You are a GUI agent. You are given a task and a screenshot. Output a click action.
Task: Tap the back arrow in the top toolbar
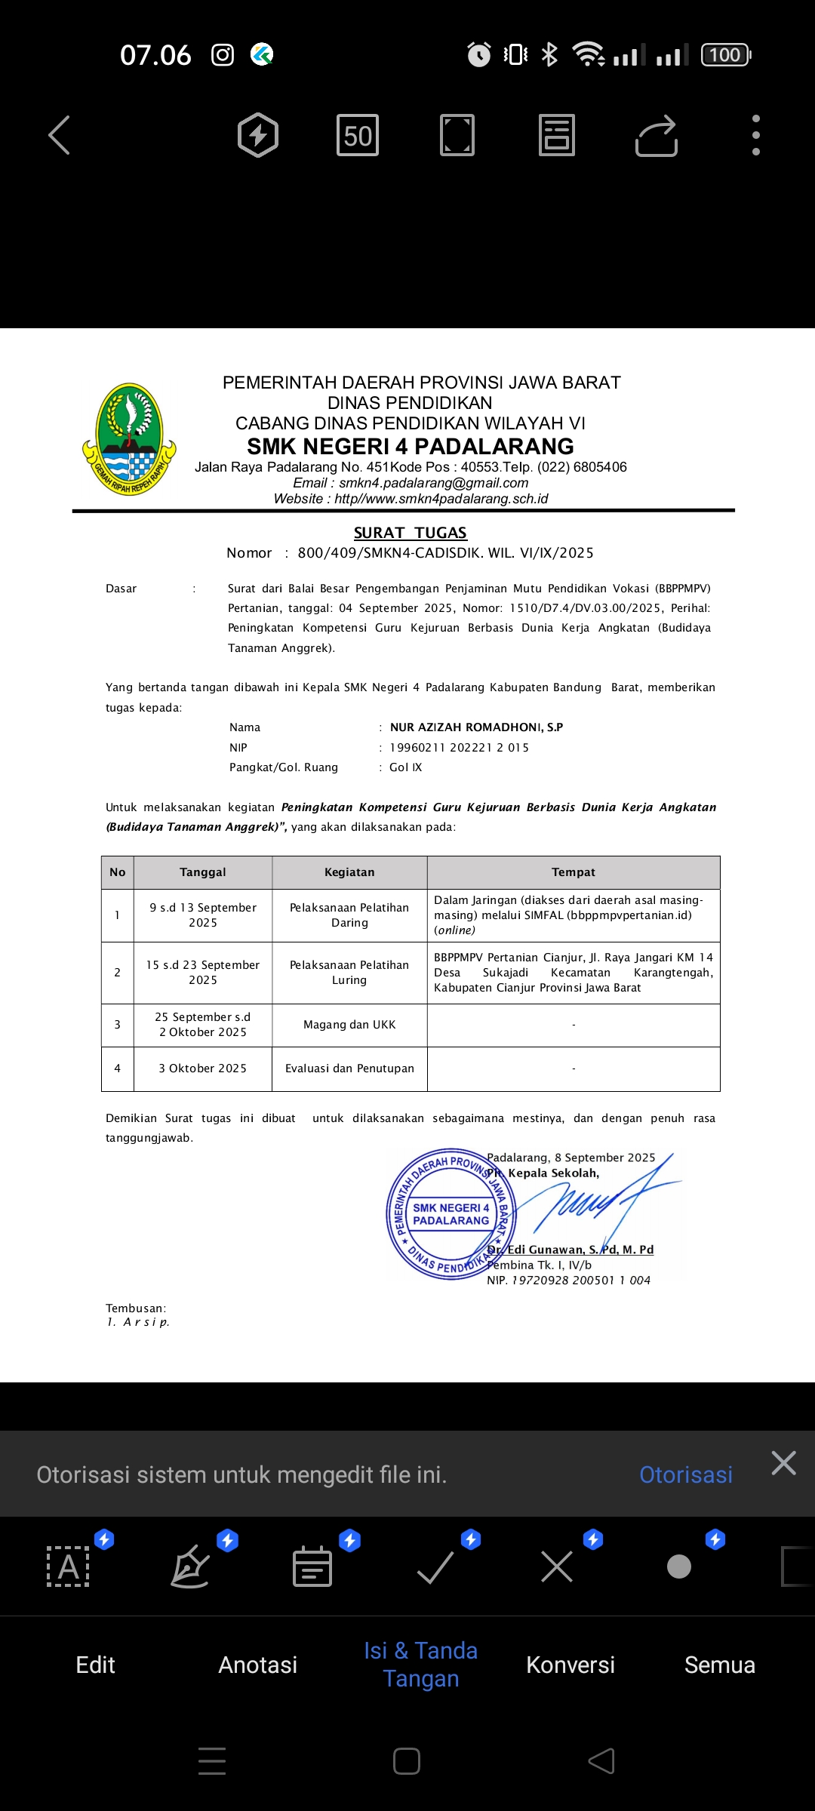[60, 136]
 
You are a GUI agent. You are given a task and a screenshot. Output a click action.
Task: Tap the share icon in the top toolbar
[656, 136]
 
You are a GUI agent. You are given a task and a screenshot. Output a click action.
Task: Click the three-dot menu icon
[756, 136]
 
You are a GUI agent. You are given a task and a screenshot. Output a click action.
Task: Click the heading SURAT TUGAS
[411, 533]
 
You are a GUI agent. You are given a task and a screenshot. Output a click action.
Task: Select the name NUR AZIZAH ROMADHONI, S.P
[476, 727]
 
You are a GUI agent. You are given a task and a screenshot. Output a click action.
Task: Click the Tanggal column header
[203, 872]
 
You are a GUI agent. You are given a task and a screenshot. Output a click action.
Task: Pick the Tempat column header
[574, 872]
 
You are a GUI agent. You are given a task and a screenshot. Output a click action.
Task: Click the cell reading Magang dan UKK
[349, 1025]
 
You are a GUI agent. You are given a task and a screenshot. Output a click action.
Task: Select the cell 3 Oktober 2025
[203, 1068]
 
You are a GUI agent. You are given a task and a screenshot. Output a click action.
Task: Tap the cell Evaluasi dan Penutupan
[349, 1068]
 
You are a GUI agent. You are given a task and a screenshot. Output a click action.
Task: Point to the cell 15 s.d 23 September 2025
[203, 973]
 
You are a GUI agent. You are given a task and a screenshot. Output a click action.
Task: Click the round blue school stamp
[451, 1213]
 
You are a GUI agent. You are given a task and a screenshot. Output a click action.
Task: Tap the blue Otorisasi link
[686, 1474]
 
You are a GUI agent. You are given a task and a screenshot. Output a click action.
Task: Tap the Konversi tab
[570, 1665]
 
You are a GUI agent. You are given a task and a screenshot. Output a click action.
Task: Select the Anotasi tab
[258, 1665]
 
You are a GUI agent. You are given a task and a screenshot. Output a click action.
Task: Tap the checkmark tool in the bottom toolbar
[435, 1567]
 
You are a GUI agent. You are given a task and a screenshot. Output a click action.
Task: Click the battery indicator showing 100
[725, 55]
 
